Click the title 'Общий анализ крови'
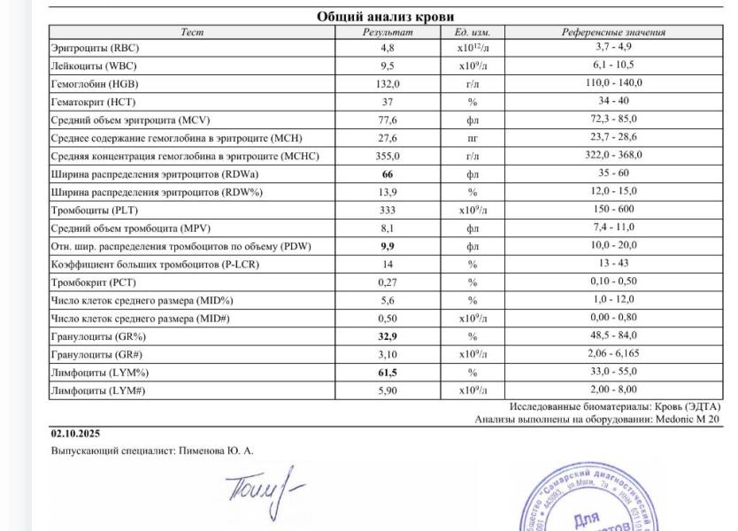pos(385,17)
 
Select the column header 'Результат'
pos(387,33)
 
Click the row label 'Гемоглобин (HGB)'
pos(94,83)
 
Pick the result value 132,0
pos(388,83)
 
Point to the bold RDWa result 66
pos(388,173)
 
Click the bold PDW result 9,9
pos(388,245)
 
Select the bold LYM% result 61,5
pos(388,372)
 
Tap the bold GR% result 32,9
pos(388,336)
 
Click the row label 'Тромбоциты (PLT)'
pos(92,210)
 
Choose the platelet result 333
pos(388,210)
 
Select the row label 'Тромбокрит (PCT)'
pos(92,281)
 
